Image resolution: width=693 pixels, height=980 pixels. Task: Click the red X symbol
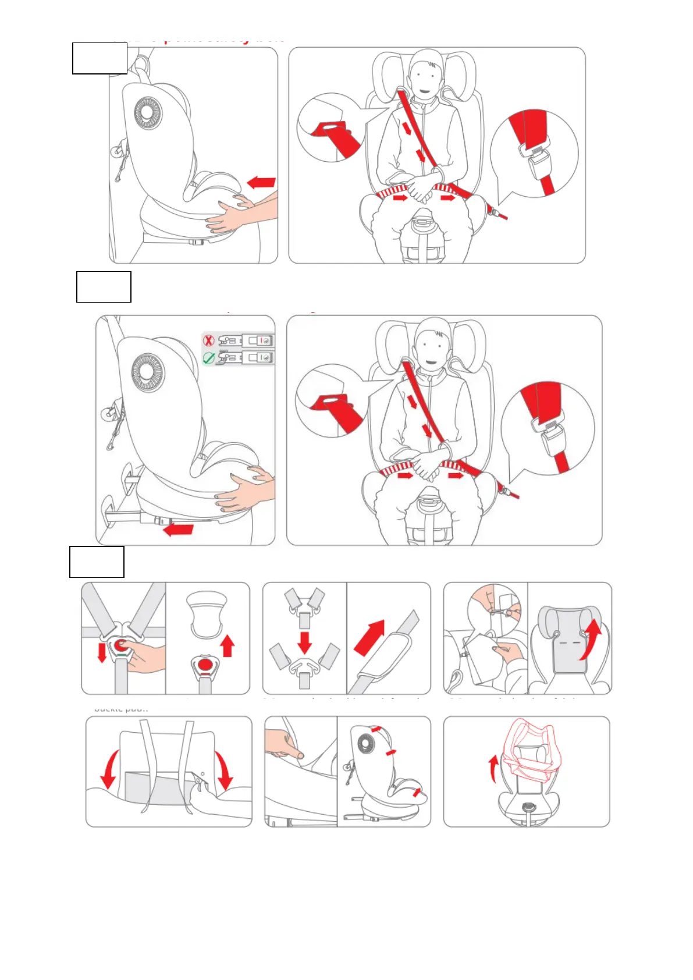(208, 340)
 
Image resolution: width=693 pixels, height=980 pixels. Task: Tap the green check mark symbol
(209, 358)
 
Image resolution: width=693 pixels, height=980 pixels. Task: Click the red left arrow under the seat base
(179, 529)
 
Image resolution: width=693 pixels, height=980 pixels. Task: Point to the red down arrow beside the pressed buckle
(102, 652)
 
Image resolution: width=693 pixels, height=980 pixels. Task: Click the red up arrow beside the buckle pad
(228, 645)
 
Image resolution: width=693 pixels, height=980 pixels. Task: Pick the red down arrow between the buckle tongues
(304, 642)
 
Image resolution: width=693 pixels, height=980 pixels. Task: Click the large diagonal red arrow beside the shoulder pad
(369, 637)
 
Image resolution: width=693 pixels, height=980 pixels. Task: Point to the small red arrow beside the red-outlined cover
(493, 768)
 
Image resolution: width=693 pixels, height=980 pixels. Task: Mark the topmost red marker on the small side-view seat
(376, 729)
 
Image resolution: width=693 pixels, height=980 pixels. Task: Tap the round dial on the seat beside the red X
(147, 371)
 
